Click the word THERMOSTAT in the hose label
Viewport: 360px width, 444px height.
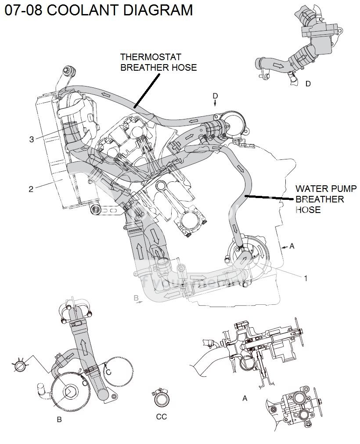tap(144, 57)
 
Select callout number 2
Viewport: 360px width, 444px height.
tap(31, 189)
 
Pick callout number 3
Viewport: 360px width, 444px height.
tap(31, 139)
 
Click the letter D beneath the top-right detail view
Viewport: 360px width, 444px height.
tap(308, 83)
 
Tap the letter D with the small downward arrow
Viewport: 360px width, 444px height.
tap(215, 95)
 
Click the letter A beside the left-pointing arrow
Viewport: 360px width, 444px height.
tap(292, 247)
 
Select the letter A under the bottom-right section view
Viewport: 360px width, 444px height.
tap(245, 398)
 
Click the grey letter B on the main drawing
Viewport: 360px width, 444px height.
tap(136, 298)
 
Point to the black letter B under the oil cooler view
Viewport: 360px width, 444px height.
tap(59, 420)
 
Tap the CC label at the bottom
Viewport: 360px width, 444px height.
tap(161, 417)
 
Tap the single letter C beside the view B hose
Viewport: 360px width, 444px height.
tap(108, 372)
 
